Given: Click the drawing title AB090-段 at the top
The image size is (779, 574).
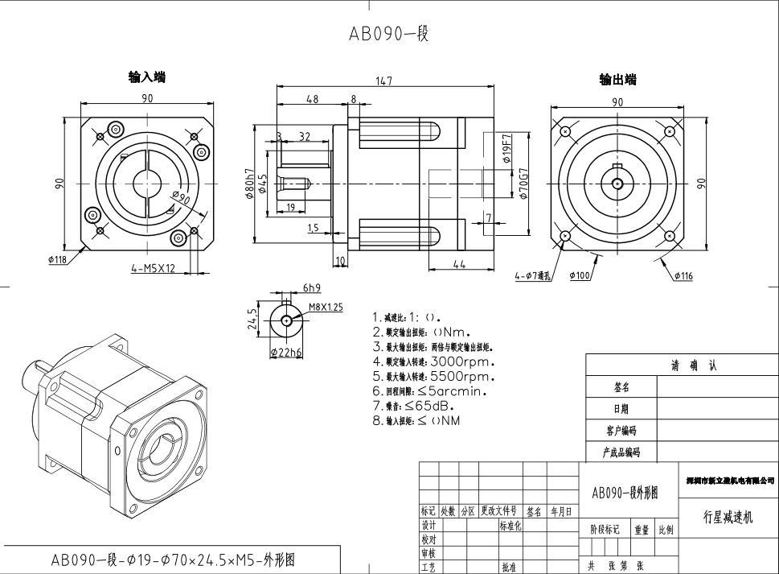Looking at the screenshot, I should click(x=388, y=34).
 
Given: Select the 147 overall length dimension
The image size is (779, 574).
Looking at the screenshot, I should click(x=388, y=81).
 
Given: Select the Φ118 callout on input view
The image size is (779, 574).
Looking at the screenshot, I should click(x=57, y=259).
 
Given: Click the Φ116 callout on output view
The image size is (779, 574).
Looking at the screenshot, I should click(x=683, y=275).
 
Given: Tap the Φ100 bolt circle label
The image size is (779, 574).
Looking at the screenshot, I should click(x=580, y=275).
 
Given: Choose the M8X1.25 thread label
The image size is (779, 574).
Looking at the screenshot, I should click(x=326, y=307).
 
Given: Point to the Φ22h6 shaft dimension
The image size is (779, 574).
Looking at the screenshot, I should click(x=285, y=352).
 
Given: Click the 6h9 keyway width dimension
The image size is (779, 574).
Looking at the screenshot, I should click(x=311, y=288).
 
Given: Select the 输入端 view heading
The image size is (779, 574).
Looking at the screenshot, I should click(x=147, y=77).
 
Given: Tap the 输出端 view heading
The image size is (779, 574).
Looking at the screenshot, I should click(x=617, y=79).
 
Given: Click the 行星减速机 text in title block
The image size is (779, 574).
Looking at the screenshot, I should click(x=728, y=517).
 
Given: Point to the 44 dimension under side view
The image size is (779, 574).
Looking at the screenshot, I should click(x=459, y=265).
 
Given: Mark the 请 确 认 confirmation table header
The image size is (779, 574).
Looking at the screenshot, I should click(x=694, y=365).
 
